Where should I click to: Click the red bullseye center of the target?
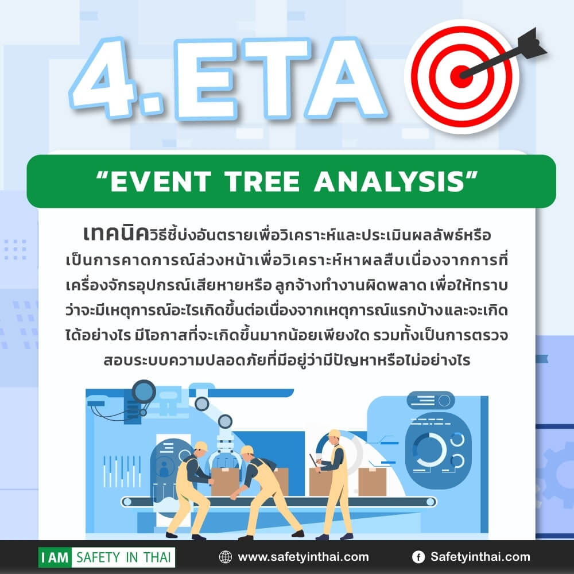pos(461,76)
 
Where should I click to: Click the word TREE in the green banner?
pos(262,181)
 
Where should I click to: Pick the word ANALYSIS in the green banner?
pos(390,181)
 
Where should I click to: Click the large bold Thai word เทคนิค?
pos(116,234)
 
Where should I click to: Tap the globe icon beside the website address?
pos(226,557)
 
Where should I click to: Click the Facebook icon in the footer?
pos(418,557)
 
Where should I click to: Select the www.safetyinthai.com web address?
pos(303,557)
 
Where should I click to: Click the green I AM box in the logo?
pos(55,557)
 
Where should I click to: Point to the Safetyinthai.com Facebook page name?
pos(480,557)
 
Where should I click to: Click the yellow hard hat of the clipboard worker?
pos(334,434)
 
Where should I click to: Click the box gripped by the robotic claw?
pos(225,481)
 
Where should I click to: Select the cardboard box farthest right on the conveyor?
pos(373,482)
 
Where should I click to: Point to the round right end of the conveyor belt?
pos(430,501)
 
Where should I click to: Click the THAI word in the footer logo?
pos(157,557)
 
